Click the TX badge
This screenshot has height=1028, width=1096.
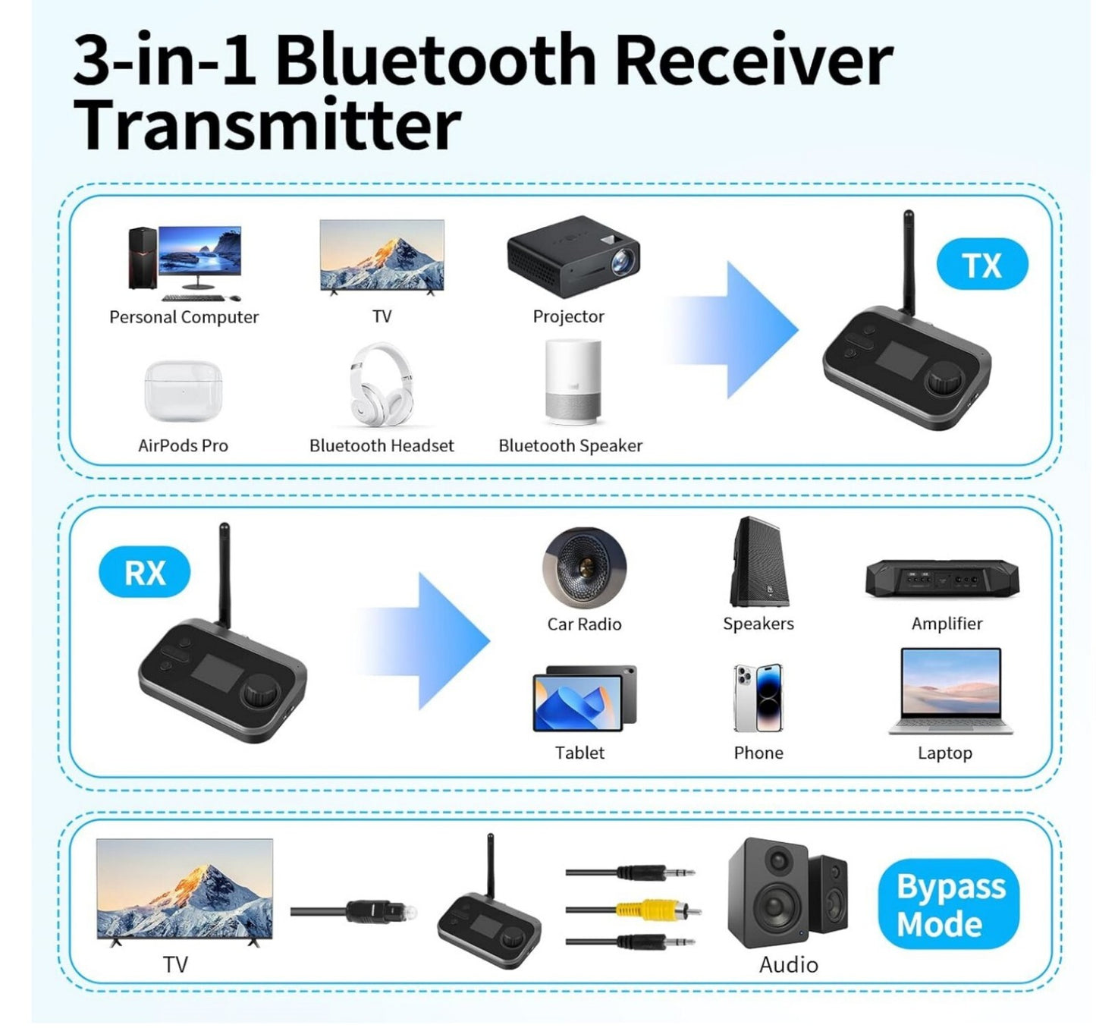click(981, 266)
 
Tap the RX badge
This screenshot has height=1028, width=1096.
click(144, 573)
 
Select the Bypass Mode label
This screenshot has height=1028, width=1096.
click(949, 905)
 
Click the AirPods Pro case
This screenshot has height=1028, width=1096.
click(184, 391)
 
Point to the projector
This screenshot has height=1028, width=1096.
click(573, 256)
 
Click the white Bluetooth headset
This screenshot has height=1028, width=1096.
click(382, 385)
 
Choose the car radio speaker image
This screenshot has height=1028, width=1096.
click(584, 568)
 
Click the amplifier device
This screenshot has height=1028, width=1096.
click(942, 579)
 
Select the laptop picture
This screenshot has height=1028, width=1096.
click(950, 691)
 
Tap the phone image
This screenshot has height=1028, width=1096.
click(758, 698)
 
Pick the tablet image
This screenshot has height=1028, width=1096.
click(584, 699)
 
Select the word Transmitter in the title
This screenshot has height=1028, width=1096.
click(267, 125)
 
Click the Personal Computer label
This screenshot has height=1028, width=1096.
click(184, 317)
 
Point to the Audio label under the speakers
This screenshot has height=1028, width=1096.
click(788, 965)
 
